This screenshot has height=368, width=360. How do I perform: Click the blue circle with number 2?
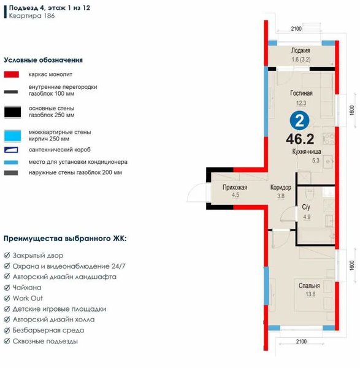[299, 120]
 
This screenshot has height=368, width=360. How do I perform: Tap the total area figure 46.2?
[300, 139]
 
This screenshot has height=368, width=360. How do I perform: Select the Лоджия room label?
[301, 50]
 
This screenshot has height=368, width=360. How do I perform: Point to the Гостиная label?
[301, 93]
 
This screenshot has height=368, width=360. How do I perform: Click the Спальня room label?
[309, 286]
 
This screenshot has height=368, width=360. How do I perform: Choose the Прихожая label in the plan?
[235, 187]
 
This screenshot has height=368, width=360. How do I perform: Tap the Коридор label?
[281, 187]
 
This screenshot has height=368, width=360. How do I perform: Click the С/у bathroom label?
[306, 207]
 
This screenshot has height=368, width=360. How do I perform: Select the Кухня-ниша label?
[307, 151]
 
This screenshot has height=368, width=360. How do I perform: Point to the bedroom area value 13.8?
[310, 294]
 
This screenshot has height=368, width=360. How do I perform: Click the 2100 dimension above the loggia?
[296, 29]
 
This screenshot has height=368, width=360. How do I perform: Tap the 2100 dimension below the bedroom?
[301, 342]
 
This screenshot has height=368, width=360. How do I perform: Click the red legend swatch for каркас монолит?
[12, 74]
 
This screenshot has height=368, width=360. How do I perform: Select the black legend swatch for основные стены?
[12, 112]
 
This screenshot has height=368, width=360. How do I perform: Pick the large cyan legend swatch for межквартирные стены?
[12, 136]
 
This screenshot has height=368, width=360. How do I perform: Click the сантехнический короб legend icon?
[11, 150]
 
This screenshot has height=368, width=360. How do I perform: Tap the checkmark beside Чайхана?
[7, 288]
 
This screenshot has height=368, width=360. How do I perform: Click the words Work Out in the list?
[28, 298]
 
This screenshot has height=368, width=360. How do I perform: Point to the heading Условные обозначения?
[43, 60]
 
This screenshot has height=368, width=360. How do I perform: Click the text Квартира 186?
[32, 16]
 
